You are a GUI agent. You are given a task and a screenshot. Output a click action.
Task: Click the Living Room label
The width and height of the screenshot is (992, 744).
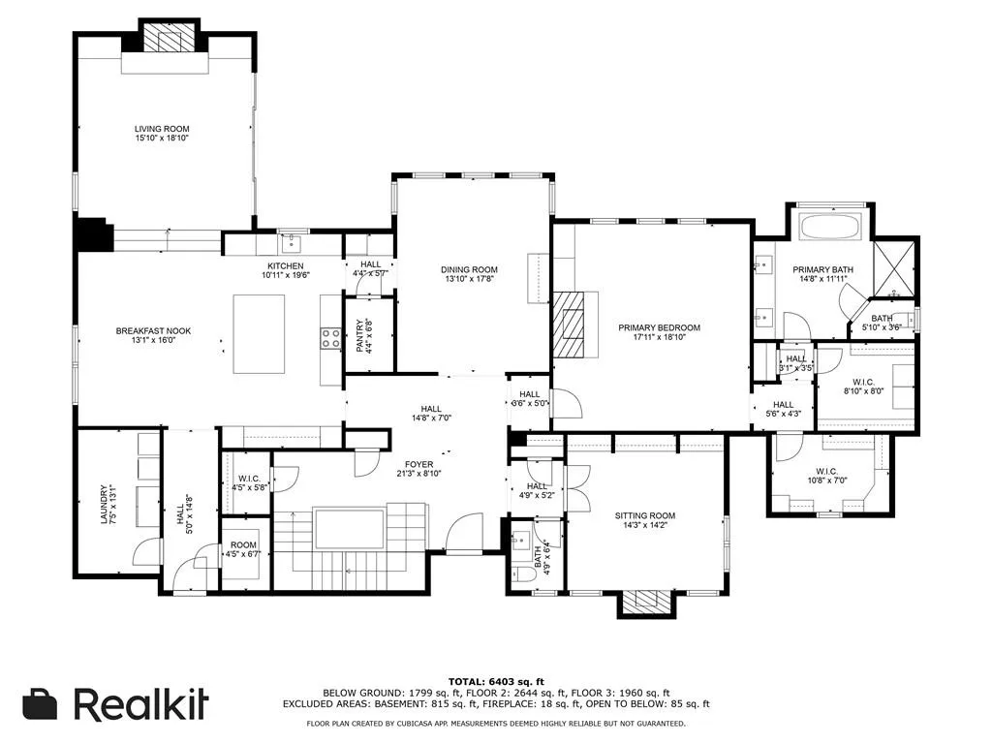point(162,129)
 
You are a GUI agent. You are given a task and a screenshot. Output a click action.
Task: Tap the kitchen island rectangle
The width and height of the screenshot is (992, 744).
point(259,333)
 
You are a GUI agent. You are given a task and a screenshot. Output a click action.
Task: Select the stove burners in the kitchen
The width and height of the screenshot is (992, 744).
point(330,337)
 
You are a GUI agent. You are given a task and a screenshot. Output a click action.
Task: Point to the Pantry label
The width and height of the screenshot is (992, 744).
point(359,336)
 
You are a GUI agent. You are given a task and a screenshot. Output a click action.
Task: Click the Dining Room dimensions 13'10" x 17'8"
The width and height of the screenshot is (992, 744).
point(469,280)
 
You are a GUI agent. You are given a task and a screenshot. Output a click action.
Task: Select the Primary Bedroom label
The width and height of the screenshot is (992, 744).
point(659,328)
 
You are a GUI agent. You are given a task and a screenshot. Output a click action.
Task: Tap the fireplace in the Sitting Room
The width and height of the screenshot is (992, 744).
point(644,603)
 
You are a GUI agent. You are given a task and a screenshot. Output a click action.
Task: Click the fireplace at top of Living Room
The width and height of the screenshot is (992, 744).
point(170,39)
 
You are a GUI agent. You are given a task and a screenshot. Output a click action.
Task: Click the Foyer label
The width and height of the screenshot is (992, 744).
point(419,463)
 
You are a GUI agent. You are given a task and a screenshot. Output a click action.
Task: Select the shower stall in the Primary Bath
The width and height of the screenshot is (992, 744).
point(894,265)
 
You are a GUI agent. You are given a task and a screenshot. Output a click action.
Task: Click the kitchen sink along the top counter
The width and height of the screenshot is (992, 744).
point(291,241)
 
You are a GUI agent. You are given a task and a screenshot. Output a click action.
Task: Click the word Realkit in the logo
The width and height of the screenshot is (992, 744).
point(140,704)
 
